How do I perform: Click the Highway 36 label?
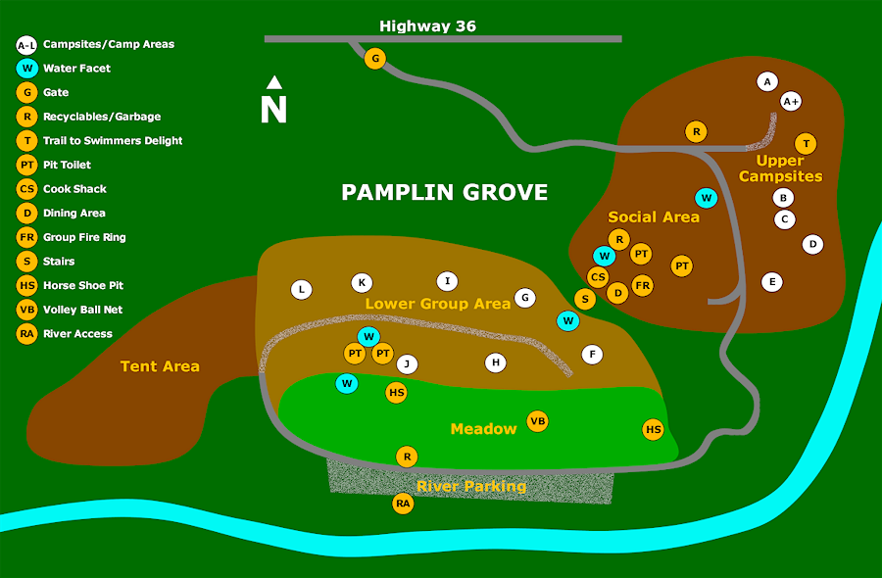pos(427,26)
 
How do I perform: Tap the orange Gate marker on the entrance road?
pos(374,60)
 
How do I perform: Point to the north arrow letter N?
pos(273,109)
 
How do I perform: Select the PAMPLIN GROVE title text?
pos(444,192)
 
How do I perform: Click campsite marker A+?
pos(791,101)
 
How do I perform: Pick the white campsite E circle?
pos(772,282)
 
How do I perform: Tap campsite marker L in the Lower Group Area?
pos(302,290)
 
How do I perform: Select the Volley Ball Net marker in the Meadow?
pos(537,421)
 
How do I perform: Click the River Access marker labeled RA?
pos(403,504)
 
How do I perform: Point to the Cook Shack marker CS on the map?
pos(598,277)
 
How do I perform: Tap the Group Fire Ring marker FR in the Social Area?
pos(642,286)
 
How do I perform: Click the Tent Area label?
pos(160,366)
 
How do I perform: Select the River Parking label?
pos(470,486)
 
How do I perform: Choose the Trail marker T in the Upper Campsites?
pos(805,144)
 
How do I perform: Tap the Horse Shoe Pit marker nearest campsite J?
pos(397,393)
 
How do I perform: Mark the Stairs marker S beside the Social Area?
pos(585,299)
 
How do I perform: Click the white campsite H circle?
pos(497,362)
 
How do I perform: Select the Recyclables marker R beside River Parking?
pos(407,457)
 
